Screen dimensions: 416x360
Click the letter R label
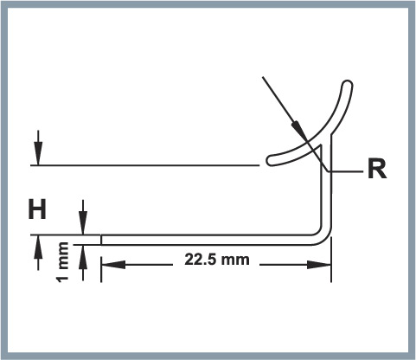point(377,169)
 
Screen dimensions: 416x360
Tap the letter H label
point(37,209)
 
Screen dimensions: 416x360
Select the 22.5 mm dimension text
point(217,260)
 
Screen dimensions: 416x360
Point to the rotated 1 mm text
point(63,262)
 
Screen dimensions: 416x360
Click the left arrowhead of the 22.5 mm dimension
point(113,265)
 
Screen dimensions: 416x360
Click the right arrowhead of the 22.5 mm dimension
point(319,265)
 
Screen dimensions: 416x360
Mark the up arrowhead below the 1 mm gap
point(83,257)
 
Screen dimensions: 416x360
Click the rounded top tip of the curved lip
point(347,84)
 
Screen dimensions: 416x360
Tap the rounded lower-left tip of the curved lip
point(271,160)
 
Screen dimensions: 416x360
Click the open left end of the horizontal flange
point(101,240)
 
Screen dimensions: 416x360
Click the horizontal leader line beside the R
point(345,171)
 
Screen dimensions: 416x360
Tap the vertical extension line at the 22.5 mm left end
point(101,269)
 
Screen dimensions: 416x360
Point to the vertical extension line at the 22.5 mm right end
point(331,260)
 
